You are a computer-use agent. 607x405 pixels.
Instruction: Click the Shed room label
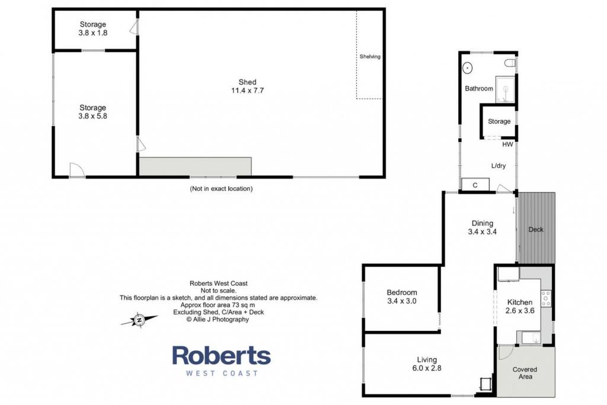pyautogui.click(x=247, y=82)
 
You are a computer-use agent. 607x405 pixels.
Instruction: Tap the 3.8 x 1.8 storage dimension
pyautogui.click(x=93, y=33)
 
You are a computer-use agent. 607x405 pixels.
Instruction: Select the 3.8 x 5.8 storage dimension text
pyautogui.click(x=93, y=116)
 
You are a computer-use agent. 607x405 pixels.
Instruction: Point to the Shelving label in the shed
pyautogui.click(x=370, y=56)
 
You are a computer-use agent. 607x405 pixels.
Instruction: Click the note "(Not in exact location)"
pyautogui.click(x=221, y=189)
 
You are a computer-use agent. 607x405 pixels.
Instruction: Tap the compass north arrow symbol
pyautogui.click(x=139, y=320)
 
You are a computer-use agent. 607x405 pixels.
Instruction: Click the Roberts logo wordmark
pyautogui.click(x=222, y=355)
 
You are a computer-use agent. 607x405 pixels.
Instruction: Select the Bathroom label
pyautogui.click(x=479, y=89)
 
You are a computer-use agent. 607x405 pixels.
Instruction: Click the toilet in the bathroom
pyautogui.click(x=510, y=63)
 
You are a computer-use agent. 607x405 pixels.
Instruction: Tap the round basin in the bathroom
pyautogui.click(x=468, y=68)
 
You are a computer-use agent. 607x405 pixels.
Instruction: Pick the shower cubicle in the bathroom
pyautogui.click(x=505, y=90)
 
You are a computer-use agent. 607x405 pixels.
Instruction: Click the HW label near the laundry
pyautogui.click(x=507, y=145)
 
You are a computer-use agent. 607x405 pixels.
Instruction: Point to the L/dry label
pyautogui.click(x=499, y=165)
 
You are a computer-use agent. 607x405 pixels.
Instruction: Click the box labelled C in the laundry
pyautogui.click(x=475, y=184)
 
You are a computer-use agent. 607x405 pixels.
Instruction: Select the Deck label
pyautogui.click(x=536, y=229)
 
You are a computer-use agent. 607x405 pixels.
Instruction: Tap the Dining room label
pyautogui.click(x=483, y=223)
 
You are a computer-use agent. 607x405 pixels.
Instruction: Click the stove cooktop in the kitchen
pyautogui.click(x=546, y=298)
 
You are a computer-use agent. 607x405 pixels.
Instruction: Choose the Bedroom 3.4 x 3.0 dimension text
pyautogui.click(x=402, y=301)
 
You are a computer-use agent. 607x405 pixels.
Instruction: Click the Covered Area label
pyautogui.click(x=525, y=373)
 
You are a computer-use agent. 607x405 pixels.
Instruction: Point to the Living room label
pyautogui.click(x=427, y=360)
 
